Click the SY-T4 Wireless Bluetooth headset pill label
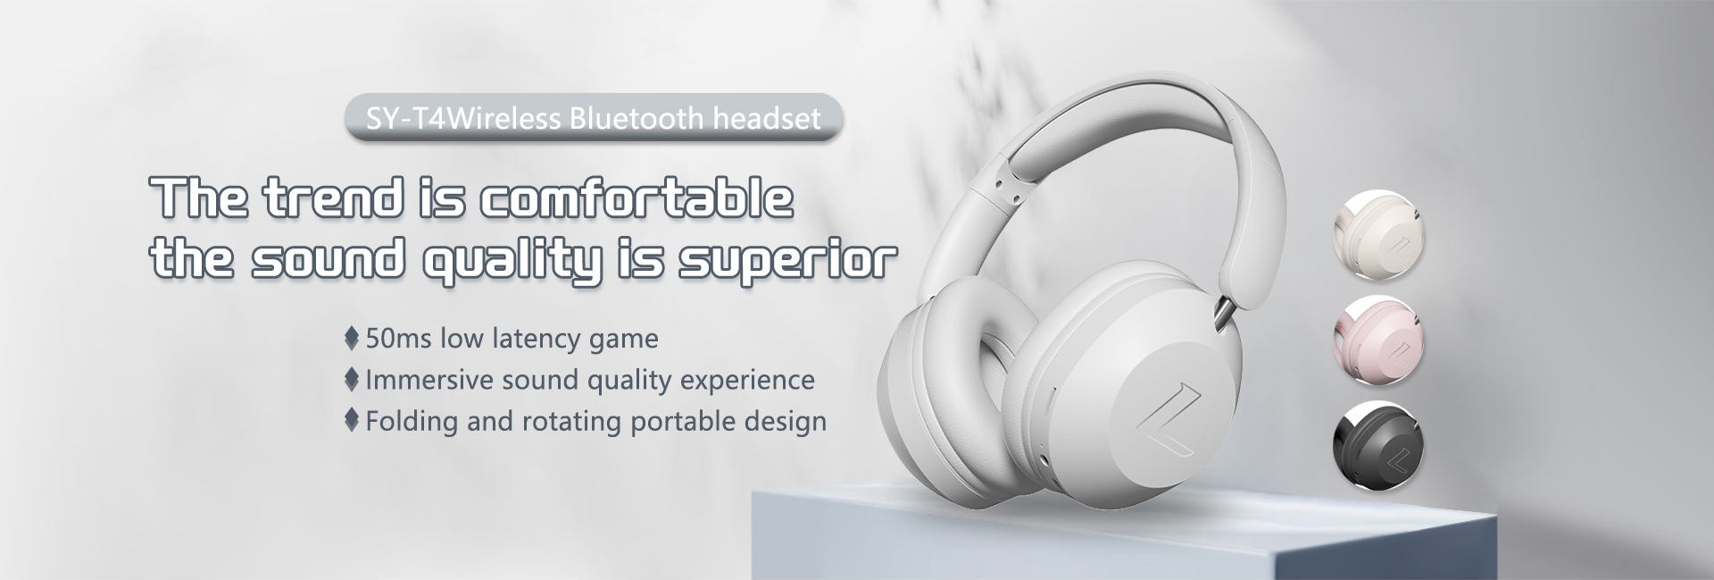pos(594,118)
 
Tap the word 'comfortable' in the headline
pos(637,198)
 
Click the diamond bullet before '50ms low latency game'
pos(352,339)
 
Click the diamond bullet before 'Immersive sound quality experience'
pos(352,380)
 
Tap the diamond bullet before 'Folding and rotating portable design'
pos(352,420)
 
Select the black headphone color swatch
pos(1377,444)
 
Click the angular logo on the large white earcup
pos(1165,423)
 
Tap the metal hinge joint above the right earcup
pos(1220,313)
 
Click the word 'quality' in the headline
pos(510,261)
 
